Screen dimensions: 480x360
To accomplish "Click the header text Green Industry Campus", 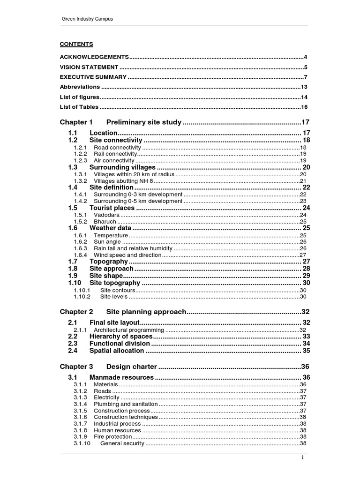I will point(88,19).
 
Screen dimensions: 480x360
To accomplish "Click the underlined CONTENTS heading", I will point(76,44).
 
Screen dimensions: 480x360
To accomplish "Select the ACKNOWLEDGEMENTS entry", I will point(94,57).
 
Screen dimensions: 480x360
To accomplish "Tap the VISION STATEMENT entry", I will point(89,67).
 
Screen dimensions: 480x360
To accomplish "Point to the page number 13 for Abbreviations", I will point(304,87).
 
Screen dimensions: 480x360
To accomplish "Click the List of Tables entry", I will point(79,107).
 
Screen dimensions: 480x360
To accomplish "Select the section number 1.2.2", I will point(80,154).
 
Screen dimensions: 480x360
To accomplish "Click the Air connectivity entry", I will point(114,160).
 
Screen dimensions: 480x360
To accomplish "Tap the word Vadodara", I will point(107,215).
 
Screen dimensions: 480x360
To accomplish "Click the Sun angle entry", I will point(107,242).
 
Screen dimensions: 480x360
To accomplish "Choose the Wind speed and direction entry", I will point(127,255).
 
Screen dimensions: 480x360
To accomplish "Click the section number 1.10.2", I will point(82,296).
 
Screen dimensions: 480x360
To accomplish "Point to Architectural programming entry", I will point(129,330).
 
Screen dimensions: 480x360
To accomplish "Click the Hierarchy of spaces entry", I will point(121,337).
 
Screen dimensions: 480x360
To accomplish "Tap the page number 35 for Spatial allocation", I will point(306,350).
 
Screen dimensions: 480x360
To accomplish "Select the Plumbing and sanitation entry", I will point(126,404).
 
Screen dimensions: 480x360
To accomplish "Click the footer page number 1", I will point(303,458).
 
